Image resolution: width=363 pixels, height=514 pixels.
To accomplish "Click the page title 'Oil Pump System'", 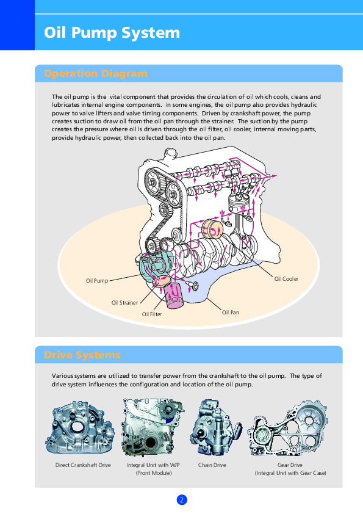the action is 112,33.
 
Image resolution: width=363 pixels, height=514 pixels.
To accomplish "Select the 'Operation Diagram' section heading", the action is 96,73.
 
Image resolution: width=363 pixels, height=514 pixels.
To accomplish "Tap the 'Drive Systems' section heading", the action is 82,355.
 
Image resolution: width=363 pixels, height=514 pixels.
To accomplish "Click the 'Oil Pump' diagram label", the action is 97,281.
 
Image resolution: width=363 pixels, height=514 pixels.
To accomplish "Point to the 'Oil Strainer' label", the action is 124,303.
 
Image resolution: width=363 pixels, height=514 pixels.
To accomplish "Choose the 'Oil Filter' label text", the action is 152,314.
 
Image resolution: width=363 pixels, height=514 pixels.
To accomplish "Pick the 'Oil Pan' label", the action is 231,313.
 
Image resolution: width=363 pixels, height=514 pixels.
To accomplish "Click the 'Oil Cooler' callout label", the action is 286,279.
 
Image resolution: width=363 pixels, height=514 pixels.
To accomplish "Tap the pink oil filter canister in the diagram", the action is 174,296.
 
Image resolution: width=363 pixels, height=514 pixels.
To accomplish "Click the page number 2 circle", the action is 182,500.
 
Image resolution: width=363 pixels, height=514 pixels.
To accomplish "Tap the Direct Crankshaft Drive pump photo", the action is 80,428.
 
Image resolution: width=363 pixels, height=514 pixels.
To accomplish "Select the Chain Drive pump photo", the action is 215,427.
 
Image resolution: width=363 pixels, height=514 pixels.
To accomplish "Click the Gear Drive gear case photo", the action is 287,429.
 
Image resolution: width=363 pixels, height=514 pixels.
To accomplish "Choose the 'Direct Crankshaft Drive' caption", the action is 83,465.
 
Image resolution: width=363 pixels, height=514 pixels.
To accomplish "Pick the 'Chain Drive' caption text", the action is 212,465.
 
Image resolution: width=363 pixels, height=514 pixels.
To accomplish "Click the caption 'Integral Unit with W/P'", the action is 153,465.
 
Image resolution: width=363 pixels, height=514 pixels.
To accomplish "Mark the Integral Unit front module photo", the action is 153,427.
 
